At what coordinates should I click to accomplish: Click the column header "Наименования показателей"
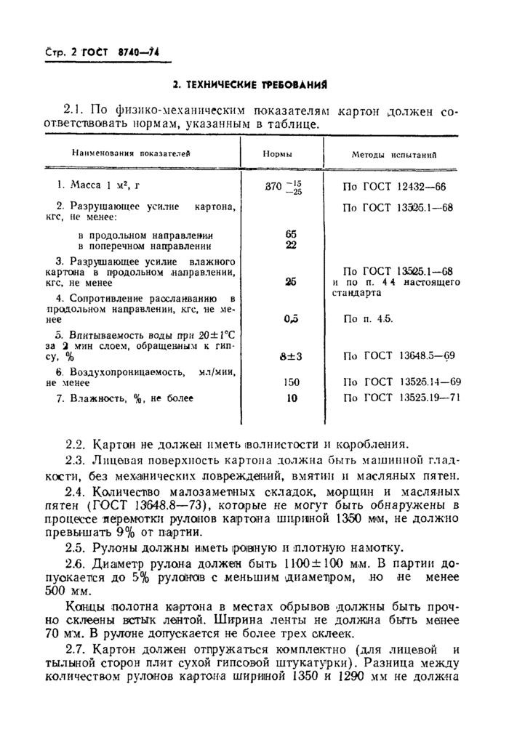pos(129,154)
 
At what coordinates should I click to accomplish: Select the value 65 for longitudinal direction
pos(291,235)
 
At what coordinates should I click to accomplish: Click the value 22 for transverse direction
pos(291,245)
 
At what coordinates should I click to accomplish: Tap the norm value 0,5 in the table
pos(291,318)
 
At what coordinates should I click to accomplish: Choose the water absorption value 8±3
pos(291,356)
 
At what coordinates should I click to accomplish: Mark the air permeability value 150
pos(291,382)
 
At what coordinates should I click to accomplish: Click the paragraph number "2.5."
pos(75,547)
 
